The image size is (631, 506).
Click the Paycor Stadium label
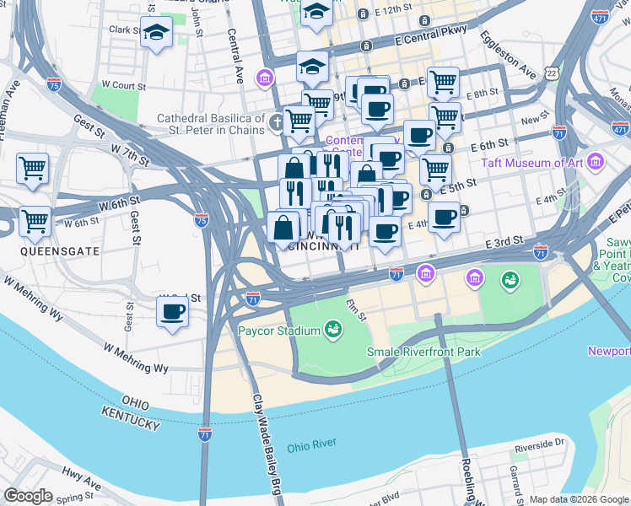[278, 331]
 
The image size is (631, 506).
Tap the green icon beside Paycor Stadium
[334, 329]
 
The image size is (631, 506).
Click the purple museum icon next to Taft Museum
[596, 160]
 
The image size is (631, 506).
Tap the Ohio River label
[311, 444]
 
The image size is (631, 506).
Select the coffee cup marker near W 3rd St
[173, 312]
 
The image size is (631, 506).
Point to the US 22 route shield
[551, 74]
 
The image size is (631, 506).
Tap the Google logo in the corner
[29, 496]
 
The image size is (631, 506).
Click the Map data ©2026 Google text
[578, 499]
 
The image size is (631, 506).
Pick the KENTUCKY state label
[130, 417]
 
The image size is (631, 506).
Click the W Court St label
[124, 85]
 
